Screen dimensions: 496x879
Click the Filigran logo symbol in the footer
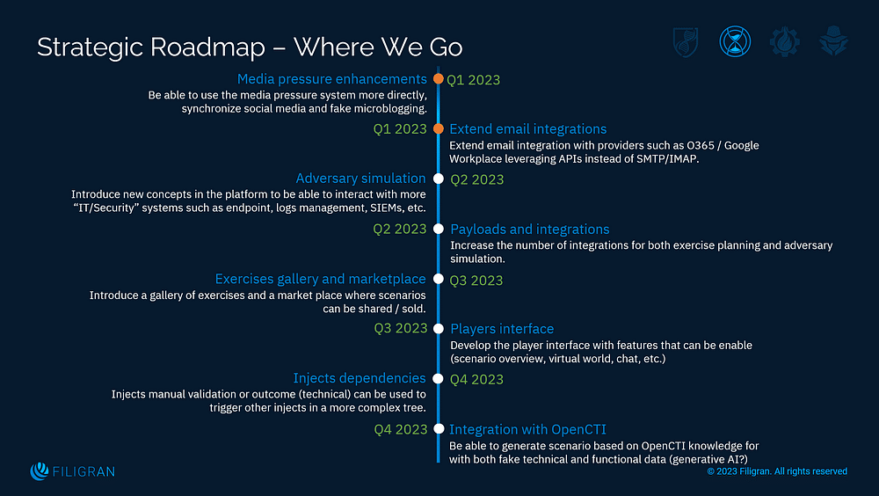click(39, 471)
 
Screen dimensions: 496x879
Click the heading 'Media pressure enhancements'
click(332, 79)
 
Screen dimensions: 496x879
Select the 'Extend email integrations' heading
click(527, 129)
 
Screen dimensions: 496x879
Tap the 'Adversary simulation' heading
click(360, 179)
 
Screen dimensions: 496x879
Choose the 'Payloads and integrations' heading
click(529, 230)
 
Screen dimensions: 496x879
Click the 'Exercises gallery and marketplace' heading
click(320, 280)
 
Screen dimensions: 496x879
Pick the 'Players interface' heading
click(502, 329)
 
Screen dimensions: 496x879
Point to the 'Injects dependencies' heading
click(360, 379)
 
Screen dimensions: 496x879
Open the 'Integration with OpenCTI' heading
click(527, 429)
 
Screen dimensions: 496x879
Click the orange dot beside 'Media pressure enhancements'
click(438, 79)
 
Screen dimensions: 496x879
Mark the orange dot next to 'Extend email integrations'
click(438, 129)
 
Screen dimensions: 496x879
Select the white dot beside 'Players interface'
click(438, 329)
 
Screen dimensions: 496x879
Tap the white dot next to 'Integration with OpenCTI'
click(438, 429)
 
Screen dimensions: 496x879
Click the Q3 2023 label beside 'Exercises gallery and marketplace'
click(476, 281)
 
